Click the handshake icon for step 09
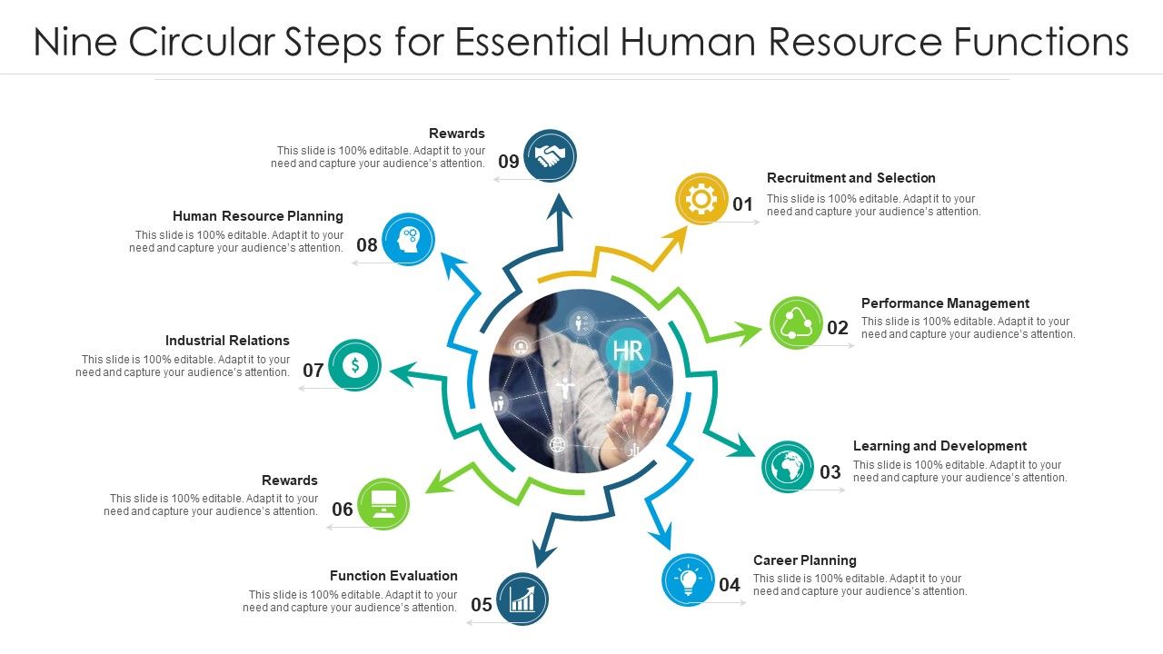coord(550,156)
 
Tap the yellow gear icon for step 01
coord(702,199)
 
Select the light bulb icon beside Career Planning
coord(689,580)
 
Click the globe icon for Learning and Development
coord(788,467)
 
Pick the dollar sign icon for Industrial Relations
coord(355,365)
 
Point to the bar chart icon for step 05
coord(522,599)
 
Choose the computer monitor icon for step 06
coord(383,504)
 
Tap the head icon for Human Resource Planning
coord(408,240)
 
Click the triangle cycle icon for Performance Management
coord(796,322)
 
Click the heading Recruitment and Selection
coord(850,178)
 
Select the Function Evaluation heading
coord(393,576)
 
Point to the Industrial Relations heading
coord(227,341)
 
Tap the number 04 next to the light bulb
coord(730,585)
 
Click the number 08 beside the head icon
coord(367,244)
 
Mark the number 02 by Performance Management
coord(838,328)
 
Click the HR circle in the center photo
coord(628,351)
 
